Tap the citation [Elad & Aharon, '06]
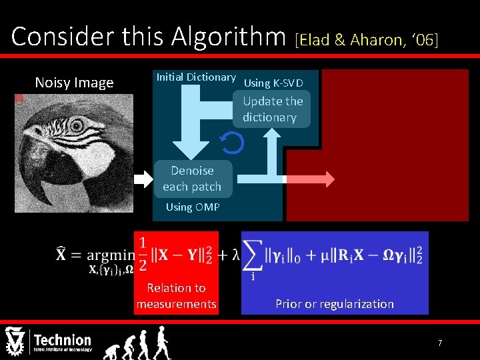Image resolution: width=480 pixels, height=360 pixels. pos(366,40)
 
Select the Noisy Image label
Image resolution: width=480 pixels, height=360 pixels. pos(74,83)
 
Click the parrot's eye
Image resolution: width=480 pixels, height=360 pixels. pos(77,125)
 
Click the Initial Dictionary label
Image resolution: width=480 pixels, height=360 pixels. pos(195,77)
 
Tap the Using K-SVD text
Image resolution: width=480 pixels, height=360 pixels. pos(273,83)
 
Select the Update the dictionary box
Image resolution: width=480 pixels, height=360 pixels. pos(273,109)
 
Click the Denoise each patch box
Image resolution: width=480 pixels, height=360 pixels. pos(192,179)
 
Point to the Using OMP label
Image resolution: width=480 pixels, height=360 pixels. pos(193,207)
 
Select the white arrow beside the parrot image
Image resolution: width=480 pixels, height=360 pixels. pos(144,179)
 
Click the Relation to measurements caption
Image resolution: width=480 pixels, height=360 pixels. pos(176,296)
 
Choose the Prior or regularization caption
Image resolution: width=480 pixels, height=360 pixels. pos(335,304)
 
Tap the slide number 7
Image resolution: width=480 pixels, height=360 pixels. pos(440,343)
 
